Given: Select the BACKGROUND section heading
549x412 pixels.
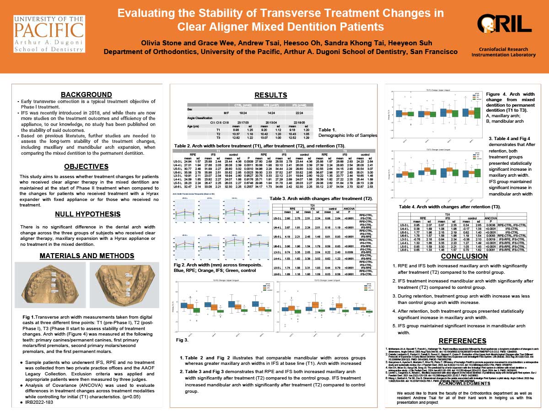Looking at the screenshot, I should pyautogui.click(x=86, y=95).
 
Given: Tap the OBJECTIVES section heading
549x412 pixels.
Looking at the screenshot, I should pyautogui.click(x=86, y=167).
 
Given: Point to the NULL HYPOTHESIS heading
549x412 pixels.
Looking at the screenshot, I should pyautogui.click(x=86, y=214).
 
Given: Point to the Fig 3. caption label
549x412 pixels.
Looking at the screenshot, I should pyautogui.click(x=183, y=341).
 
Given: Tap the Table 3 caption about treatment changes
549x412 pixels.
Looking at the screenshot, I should pyautogui.click(x=321, y=198).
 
